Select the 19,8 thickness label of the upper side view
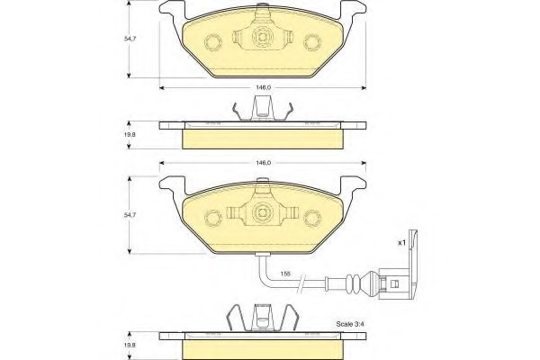(130, 134)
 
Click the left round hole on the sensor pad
(213, 217)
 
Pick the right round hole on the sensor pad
(311, 217)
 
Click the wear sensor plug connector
(395, 281)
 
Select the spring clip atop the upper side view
(262, 110)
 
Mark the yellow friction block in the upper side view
(262, 138)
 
